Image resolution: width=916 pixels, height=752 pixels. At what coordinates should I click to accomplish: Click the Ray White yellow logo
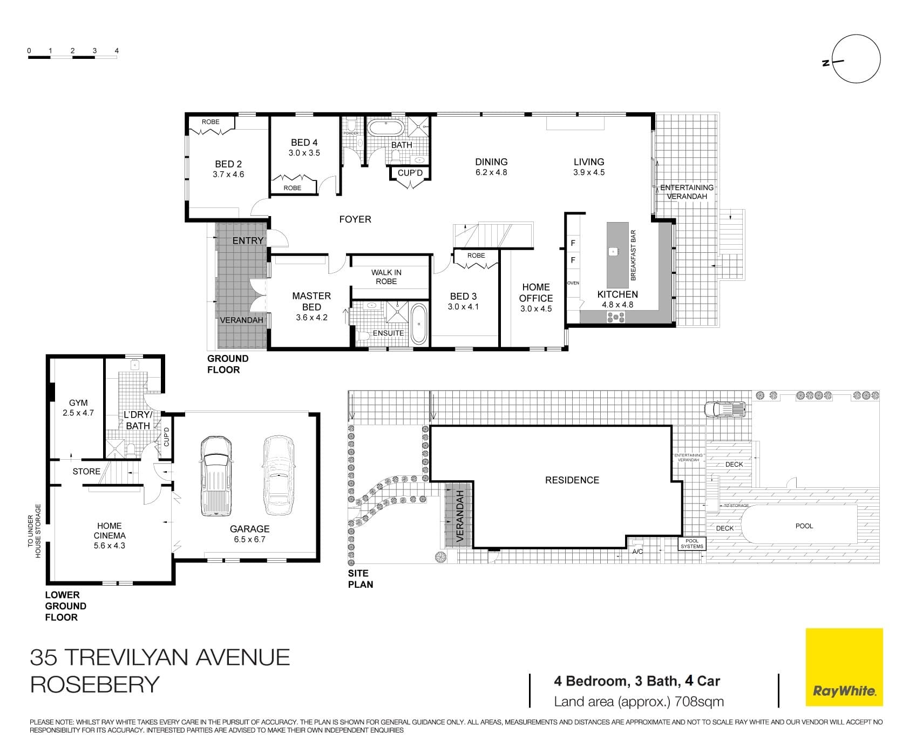tap(844, 667)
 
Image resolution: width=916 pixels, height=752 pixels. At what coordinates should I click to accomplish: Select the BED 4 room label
tap(304, 143)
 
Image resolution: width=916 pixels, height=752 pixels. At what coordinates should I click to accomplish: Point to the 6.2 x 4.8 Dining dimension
tap(491, 173)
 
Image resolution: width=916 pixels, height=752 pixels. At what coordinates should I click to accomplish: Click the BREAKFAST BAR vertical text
tap(634, 255)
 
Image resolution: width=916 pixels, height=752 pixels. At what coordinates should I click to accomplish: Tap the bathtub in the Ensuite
tap(419, 324)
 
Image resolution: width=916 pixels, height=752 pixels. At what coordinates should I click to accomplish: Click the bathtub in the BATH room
tap(385, 127)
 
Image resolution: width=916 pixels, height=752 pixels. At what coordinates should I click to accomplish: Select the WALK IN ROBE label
tap(386, 277)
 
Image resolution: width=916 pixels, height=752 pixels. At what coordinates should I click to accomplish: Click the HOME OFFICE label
tap(535, 292)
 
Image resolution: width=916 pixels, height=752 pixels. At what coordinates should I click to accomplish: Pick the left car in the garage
tap(216, 475)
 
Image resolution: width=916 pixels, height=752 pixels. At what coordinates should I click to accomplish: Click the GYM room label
tap(78, 403)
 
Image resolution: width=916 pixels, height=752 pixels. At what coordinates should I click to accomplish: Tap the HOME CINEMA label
tap(109, 531)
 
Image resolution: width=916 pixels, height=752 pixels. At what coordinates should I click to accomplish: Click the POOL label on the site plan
tap(804, 526)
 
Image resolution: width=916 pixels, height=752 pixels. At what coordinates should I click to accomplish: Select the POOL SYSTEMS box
tap(691, 543)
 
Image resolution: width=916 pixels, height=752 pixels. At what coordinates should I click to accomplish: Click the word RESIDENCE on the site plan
tap(572, 480)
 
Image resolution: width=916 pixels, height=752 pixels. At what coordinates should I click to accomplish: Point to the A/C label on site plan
tap(637, 552)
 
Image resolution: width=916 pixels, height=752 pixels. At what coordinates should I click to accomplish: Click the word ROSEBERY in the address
tap(95, 684)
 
